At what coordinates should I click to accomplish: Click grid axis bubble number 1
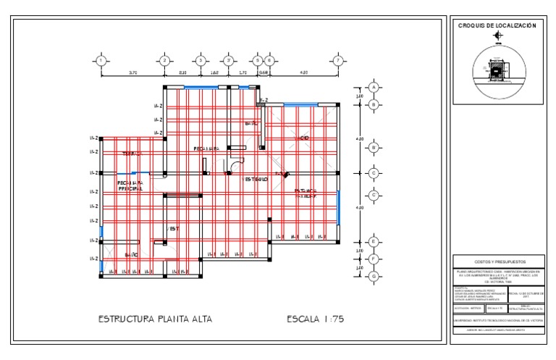coord(101,60)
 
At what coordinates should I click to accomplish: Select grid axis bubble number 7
coord(337,60)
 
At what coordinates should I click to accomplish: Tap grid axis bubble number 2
coord(165,60)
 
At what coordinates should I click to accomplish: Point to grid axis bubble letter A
coord(374,87)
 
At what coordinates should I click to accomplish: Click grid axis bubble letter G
coord(374,276)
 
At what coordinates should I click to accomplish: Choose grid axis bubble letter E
coord(374,242)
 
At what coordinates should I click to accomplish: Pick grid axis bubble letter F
coord(374,259)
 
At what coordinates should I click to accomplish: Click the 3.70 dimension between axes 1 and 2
coord(133,73)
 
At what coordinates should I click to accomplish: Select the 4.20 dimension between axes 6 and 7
coord(304,73)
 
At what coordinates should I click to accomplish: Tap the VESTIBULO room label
coord(256,178)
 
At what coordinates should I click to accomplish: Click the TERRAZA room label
coord(131,154)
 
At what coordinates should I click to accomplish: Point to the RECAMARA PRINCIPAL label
coord(131,186)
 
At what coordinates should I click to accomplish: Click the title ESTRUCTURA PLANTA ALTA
coord(155,319)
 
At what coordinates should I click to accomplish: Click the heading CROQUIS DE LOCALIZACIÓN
coord(497,26)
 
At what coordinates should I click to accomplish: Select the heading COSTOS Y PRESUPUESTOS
coord(497,261)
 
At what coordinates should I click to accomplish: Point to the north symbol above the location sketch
coord(497,35)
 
